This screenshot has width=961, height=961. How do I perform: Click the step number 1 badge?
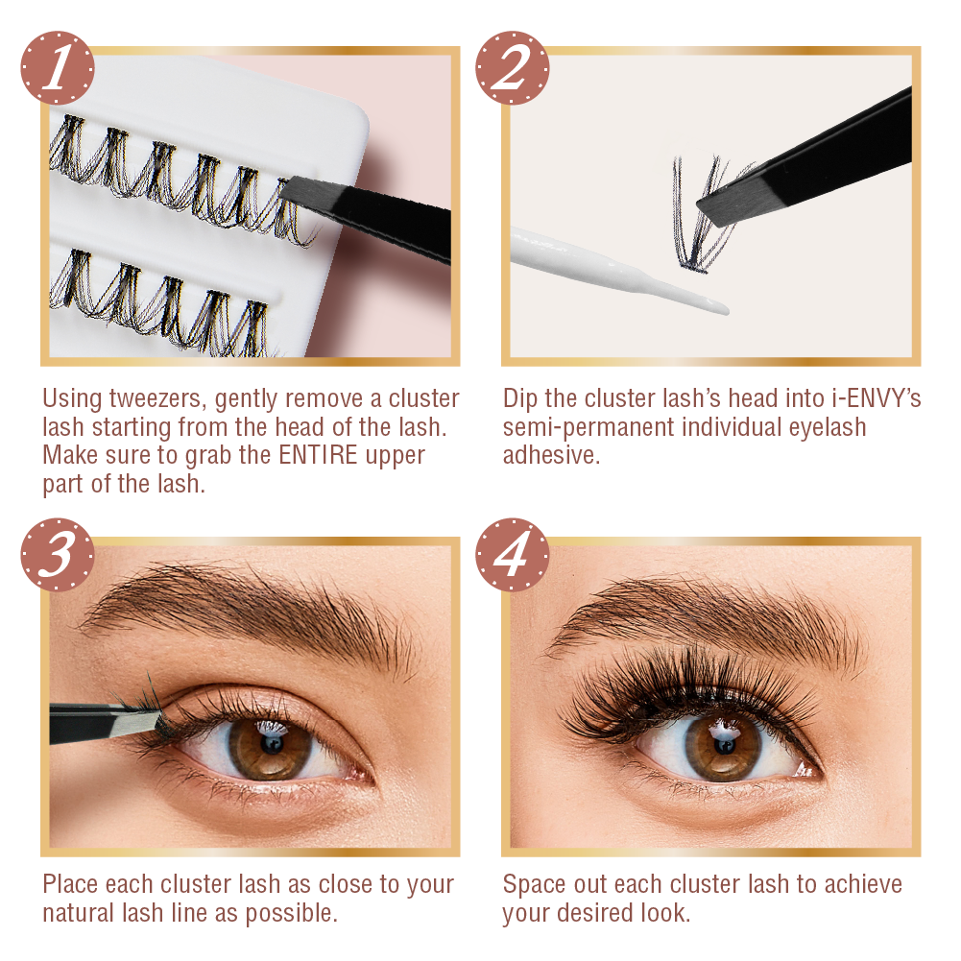click(57, 67)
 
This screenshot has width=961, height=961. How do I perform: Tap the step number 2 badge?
click(512, 67)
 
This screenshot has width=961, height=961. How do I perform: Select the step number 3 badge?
click(57, 554)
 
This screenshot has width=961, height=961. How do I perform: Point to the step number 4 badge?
click(512, 554)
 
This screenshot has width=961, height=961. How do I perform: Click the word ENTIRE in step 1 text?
click(318, 455)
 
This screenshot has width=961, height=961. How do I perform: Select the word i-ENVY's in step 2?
click(877, 398)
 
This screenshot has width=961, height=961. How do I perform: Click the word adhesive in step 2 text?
click(551, 455)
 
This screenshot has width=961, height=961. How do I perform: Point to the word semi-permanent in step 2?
click(589, 427)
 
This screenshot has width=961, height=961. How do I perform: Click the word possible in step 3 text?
click(291, 913)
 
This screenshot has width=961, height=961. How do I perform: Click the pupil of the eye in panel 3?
click(271, 743)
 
